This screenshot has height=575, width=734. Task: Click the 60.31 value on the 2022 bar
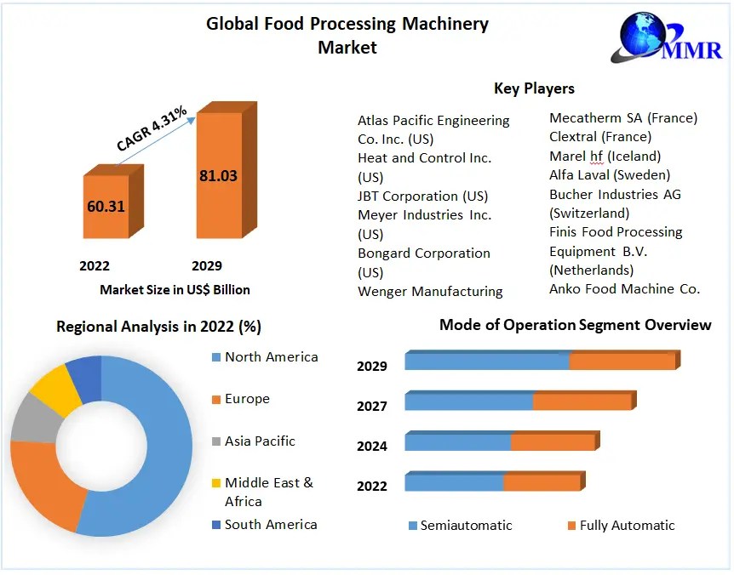pyautogui.click(x=106, y=206)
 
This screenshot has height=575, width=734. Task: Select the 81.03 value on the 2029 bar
pyautogui.click(x=218, y=176)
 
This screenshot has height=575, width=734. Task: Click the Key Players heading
pyautogui.click(x=534, y=88)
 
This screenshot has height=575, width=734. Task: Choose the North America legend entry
pyautogui.click(x=271, y=357)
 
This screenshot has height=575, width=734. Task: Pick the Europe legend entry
pyautogui.click(x=247, y=399)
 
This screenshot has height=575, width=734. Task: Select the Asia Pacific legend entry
pyautogui.click(x=260, y=441)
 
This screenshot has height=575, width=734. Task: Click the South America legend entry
pyautogui.click(x=270, y=525)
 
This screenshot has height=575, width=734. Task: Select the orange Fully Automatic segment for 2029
pyautogui.click(x=622, y=362)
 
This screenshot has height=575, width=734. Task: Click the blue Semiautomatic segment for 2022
pyautogui.click(x=454, y=483)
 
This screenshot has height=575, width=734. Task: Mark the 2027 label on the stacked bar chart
pyautogui.click(x=372, y=407)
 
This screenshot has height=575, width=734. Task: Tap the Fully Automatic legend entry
pyautogui.click(x=627, y=526)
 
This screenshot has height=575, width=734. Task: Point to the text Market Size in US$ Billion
pyautogui.click(x=175, y=290)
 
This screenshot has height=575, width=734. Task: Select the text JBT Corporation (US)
pyautogui.click(x=422, y=196)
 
